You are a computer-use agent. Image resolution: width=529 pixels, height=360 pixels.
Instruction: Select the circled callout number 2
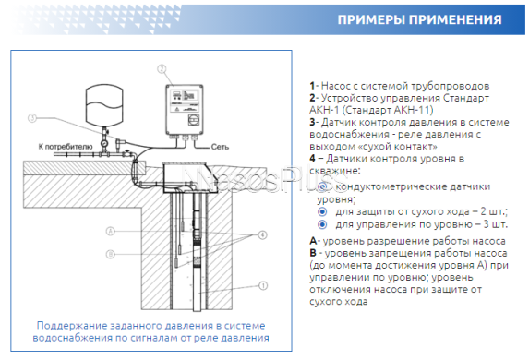[162, 68]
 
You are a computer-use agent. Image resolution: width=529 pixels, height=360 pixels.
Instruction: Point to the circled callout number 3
[31, 118]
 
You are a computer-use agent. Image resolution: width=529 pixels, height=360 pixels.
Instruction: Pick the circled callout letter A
[110, 230]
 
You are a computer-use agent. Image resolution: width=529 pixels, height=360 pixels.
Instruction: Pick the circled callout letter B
[110, 253]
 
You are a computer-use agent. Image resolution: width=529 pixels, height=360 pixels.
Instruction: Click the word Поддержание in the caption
[69, 325]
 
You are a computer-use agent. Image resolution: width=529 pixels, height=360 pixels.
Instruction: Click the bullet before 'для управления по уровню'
[322, 223]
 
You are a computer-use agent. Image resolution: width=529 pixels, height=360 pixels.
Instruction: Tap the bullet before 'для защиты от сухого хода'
[322, 210]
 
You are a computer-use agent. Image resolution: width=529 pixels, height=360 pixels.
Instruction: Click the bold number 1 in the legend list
[312, 84]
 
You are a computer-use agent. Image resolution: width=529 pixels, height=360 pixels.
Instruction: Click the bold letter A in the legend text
[313, 241]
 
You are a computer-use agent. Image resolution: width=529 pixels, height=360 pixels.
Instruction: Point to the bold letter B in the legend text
[313, 253]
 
